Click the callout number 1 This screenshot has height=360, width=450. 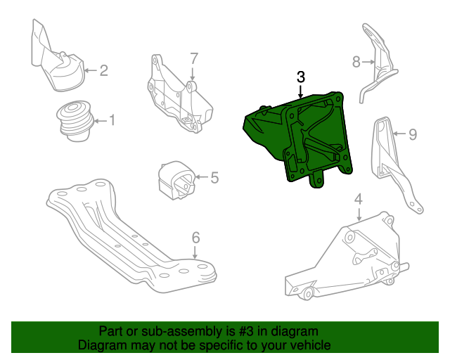coord(111,121)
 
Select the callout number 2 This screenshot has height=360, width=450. coord(103,70)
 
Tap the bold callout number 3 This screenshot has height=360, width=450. coord(300,77)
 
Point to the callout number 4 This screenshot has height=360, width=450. coord(358,200)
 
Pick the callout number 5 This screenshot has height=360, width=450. coord(214,178)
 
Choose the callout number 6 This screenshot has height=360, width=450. coord(195,236)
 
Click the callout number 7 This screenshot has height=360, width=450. coord(194,58)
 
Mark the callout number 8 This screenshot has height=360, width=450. coord(356,62)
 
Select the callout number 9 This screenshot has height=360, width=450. coord(413,133)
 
